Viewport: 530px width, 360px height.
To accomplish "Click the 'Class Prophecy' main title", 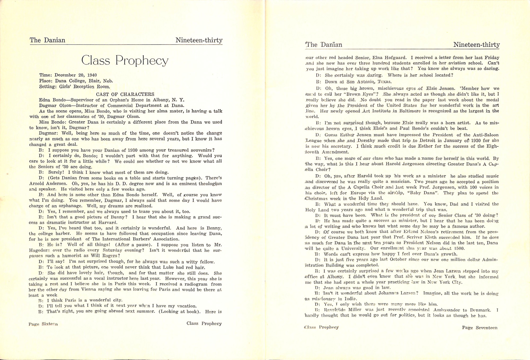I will click(x=125, y=61).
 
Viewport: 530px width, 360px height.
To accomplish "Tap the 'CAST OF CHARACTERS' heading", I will click(x=125, y=94).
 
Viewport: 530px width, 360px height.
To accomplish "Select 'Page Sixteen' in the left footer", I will click(x=43, y=324).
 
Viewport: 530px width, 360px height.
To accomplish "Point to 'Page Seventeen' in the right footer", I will click(x=480, y=328).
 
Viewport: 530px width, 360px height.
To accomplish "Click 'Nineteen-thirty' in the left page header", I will click(x=199, y=40).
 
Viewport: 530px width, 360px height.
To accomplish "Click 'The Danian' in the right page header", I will click(x=324, y=45).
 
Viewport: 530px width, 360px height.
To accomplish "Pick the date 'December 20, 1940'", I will click(x=76, y=75).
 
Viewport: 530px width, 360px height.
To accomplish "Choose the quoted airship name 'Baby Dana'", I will click(x=429, y=193).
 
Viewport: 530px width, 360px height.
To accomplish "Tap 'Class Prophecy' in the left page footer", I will click(x=204, y=323).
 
